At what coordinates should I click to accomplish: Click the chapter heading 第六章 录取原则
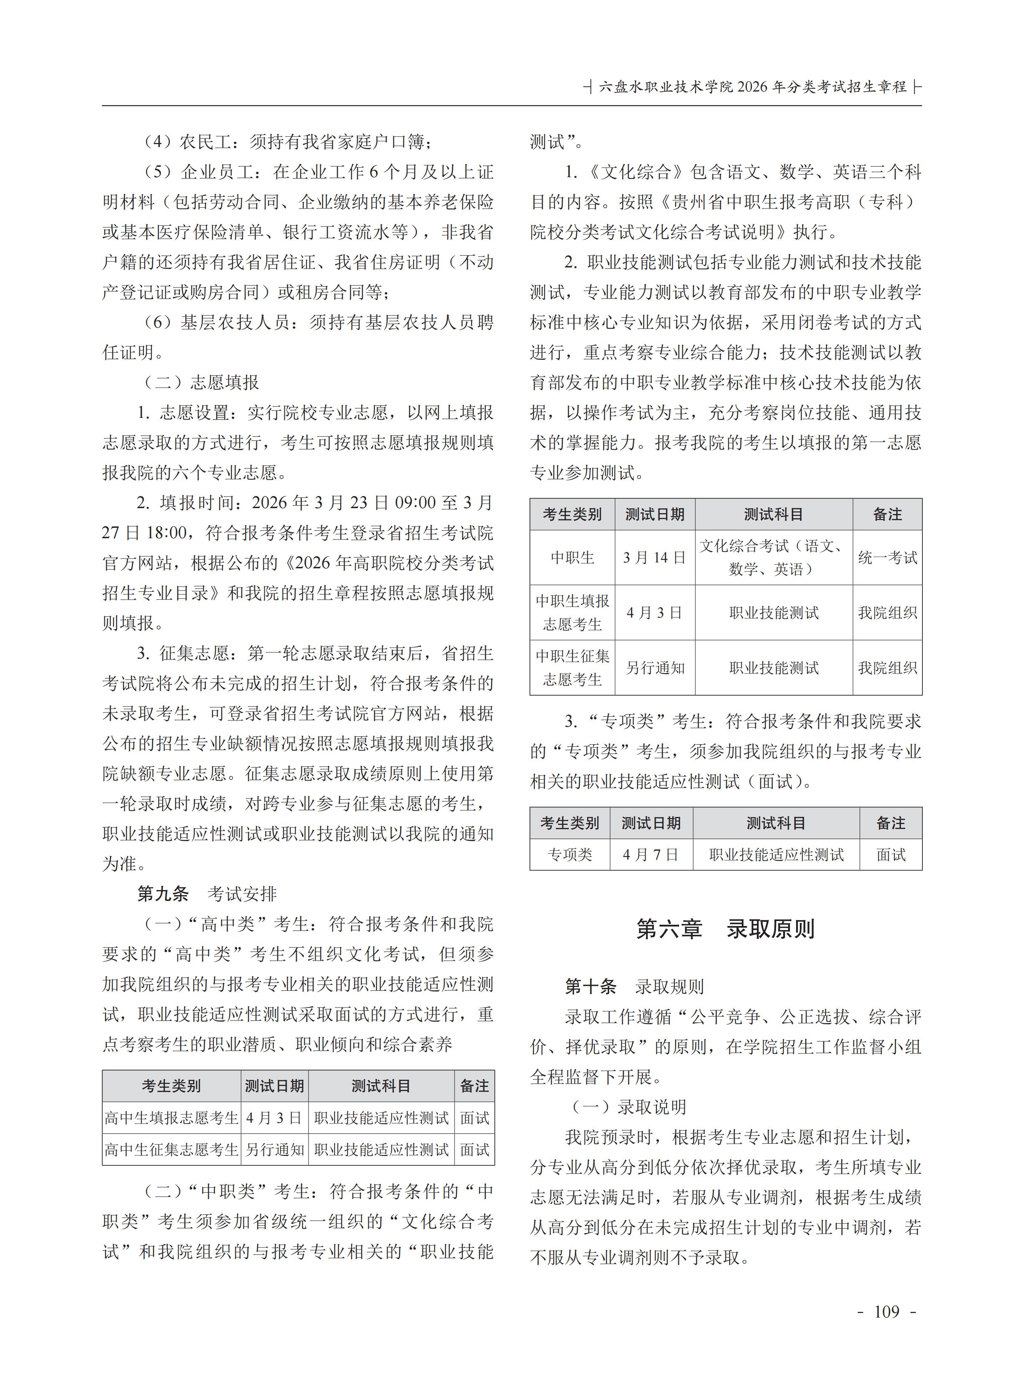725,929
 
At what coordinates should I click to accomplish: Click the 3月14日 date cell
654,557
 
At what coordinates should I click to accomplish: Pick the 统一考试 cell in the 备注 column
887,557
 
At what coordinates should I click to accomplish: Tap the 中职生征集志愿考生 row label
572,668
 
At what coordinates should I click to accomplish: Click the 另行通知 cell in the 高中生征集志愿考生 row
275,1150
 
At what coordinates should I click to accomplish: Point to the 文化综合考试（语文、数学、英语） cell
773,557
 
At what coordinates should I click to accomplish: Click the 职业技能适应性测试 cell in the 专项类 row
776,855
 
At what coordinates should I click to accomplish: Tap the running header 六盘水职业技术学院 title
753,87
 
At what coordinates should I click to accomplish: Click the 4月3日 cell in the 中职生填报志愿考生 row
654,613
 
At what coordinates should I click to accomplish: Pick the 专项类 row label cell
569,855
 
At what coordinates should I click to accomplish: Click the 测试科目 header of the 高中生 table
381,1086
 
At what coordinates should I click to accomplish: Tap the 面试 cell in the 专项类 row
891,855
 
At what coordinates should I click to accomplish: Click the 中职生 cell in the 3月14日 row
572,557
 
